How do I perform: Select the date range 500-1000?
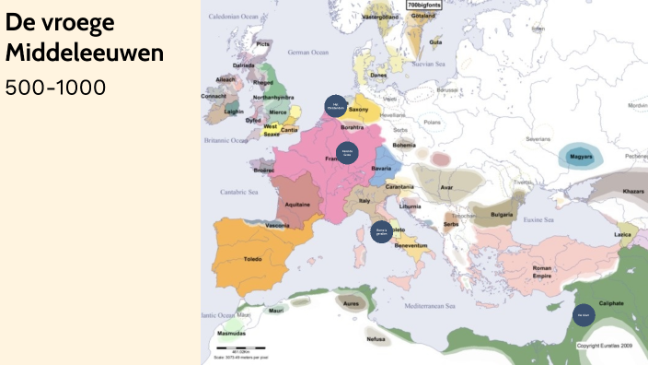tap(55, 88)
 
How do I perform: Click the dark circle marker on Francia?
tap(347, 153)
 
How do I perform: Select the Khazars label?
tap(633, 189)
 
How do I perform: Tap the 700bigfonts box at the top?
tap(424, 6)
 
